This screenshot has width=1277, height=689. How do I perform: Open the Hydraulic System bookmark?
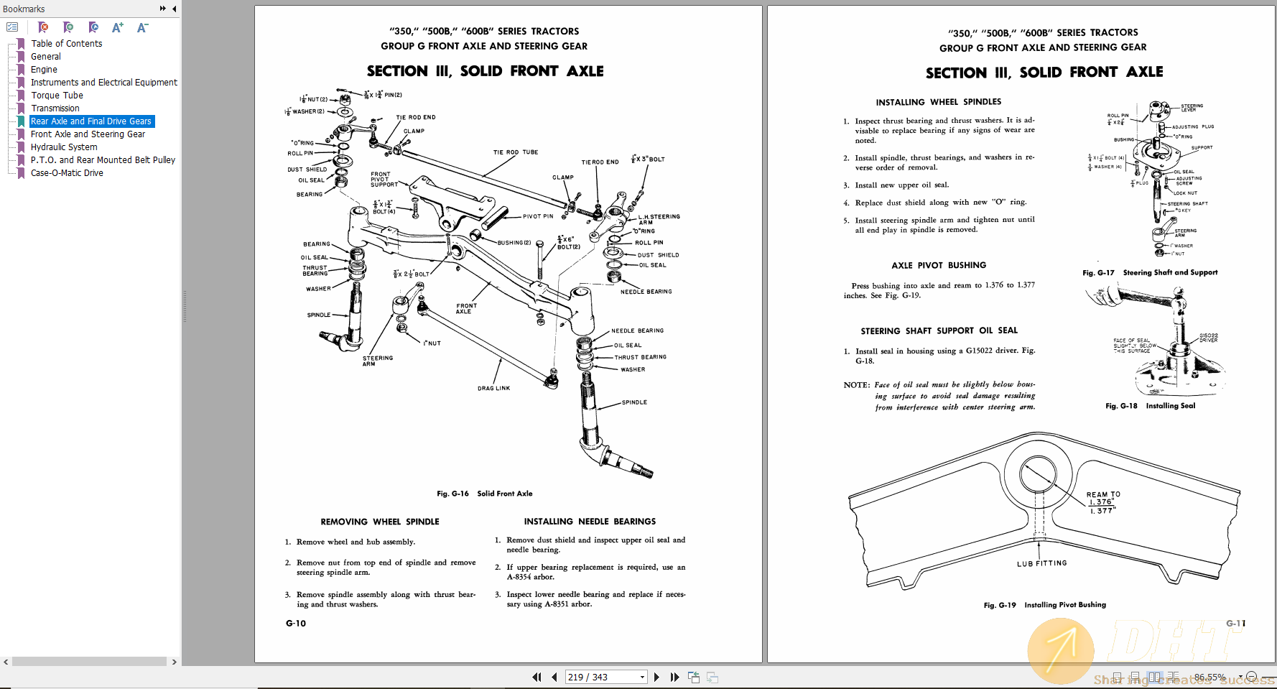64,147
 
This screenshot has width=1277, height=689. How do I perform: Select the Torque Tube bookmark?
57,96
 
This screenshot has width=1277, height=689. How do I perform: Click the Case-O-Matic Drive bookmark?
67,173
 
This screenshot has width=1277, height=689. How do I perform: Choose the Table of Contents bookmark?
66,44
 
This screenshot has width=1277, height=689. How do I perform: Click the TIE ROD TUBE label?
515,152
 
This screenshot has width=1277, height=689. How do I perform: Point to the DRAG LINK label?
493,388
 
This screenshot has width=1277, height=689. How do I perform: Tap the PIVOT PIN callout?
538,216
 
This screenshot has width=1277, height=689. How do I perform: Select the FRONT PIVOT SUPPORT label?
384,179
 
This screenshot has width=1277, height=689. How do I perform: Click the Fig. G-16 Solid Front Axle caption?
484,494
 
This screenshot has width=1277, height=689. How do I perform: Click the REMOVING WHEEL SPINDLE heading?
379,522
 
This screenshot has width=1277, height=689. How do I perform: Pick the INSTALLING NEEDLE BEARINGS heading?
589,522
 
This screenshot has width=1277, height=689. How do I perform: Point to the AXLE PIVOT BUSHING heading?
938,265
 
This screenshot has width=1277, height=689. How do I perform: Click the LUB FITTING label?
1041,563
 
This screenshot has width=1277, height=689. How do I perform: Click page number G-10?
296,624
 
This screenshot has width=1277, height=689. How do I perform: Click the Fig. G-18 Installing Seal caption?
1150,406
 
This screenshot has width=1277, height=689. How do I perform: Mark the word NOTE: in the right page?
856,385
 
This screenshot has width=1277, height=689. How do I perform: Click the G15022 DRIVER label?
1208,338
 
